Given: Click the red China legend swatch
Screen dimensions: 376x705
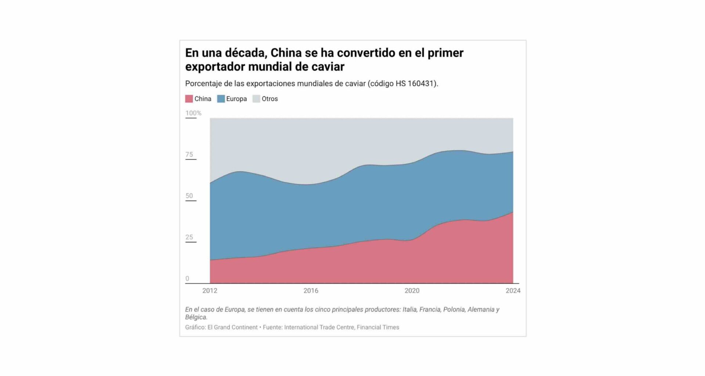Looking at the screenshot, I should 189,99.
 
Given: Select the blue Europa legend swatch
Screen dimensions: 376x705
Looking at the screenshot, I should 221,99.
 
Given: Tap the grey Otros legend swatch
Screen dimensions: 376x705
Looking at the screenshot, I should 256,99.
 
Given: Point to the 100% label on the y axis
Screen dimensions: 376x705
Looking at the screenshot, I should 193,113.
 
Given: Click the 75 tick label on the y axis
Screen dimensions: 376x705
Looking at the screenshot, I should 189,155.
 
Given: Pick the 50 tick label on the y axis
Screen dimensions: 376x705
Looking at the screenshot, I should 189,196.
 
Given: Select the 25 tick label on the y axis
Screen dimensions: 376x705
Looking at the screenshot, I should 189,237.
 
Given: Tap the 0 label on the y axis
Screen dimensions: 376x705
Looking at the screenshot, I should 187,279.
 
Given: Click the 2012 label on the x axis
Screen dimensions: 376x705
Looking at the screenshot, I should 210,291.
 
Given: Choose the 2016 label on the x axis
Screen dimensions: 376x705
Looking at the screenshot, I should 311,291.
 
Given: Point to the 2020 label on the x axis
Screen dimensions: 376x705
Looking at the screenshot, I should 412,291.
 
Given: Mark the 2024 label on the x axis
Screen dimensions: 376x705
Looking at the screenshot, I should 513,291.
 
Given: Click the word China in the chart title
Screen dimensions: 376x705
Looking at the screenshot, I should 286,53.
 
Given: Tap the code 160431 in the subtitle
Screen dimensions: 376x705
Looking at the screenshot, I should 421,84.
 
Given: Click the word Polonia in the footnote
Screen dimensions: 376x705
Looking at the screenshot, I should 454,310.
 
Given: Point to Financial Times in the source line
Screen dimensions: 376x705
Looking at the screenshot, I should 378,327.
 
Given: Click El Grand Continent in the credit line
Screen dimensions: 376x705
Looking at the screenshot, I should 232,327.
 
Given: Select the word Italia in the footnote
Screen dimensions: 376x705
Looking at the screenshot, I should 409,310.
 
